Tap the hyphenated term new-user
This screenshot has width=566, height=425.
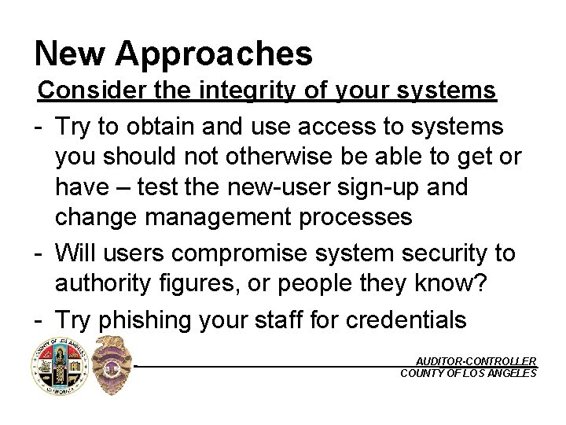[277, 187]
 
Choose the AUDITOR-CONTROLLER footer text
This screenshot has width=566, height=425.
[476, 360]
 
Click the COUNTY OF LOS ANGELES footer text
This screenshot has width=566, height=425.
[469, 373]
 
